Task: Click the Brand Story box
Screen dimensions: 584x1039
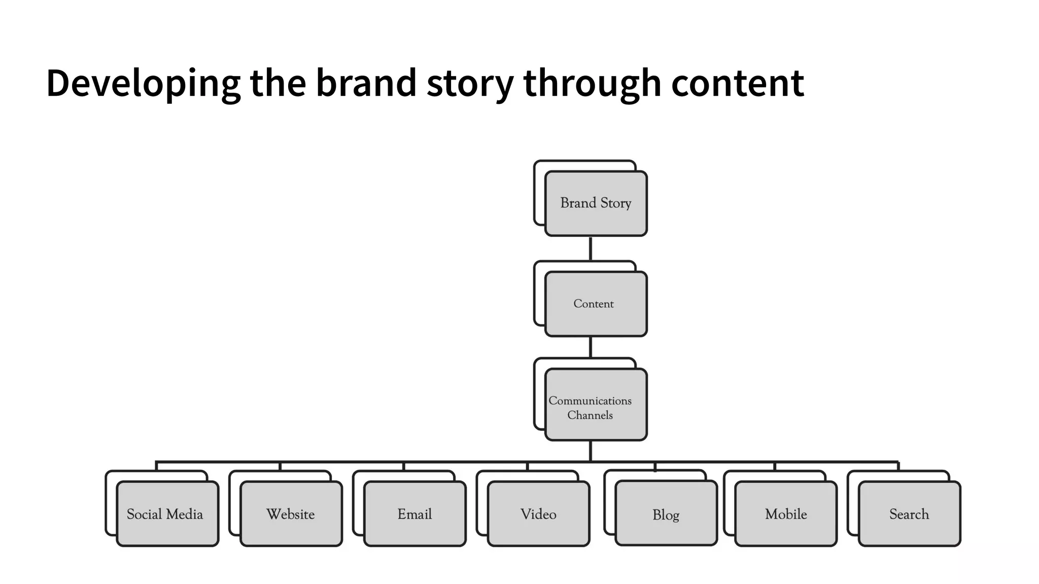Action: [x=596, y=203]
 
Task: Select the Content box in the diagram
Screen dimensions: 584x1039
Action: [x=596, y=304]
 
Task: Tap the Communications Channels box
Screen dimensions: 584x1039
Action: [x=596, y=405]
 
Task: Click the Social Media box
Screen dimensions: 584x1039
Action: [x=167, y=514]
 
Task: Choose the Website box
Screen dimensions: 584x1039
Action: [x=291, y=514]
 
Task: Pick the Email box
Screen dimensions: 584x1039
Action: [x=415, y=514]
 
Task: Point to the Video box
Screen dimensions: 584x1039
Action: [x=538, y=514]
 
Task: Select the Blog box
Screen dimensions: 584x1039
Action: [x=666, y=514]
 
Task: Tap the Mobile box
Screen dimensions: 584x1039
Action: [x=786, y=514]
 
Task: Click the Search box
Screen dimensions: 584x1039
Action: [x=909, y=514]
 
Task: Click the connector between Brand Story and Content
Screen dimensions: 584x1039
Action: [x=591, y=248]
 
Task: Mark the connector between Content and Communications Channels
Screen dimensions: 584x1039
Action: [x=591, y=347]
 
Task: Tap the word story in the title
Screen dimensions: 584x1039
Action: [x=470, y=83]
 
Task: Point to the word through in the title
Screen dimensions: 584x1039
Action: [x=592, y=83]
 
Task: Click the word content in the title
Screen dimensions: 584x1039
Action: [x=738, y=82]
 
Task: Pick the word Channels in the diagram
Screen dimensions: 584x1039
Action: [x=590, y=415]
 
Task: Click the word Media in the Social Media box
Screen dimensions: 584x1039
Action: [x=184, y=514]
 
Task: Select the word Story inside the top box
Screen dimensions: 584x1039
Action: [x=616, y=203]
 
